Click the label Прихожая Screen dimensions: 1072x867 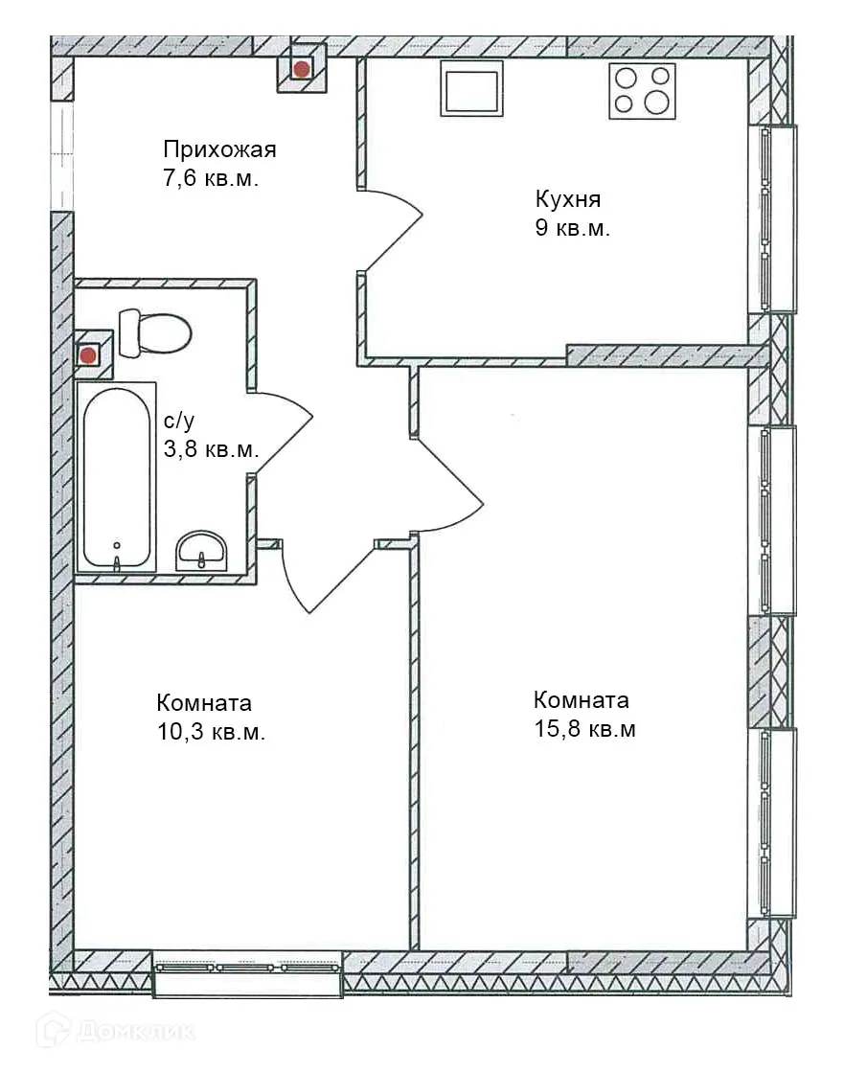click(x=219, y=149)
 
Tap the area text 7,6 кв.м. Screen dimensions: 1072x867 click(x=211, y=178)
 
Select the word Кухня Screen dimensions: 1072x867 click(x=567, y=199)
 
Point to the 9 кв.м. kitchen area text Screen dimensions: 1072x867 click(x=572, y=229)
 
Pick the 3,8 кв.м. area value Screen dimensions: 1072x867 click(x=211, y=449)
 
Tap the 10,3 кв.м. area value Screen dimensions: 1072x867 click(x=211, y=732)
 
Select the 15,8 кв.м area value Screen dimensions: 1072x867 click(x=584, y=729)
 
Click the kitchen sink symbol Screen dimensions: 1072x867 click(x=471, y=88)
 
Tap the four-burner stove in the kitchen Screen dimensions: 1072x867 click(x=642, y=91)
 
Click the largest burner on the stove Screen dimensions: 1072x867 click(x=657, y=103)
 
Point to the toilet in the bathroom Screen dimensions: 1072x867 click(x=155, y=332)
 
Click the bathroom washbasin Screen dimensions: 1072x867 click(x=201, y=550)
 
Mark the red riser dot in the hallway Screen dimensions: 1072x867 click(x=302, y=68)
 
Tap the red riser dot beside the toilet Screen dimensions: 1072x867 click(x=88, y=355)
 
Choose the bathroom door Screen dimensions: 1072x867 click(x=285, y=432)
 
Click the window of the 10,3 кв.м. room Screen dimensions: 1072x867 click(x=247, y=968)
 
